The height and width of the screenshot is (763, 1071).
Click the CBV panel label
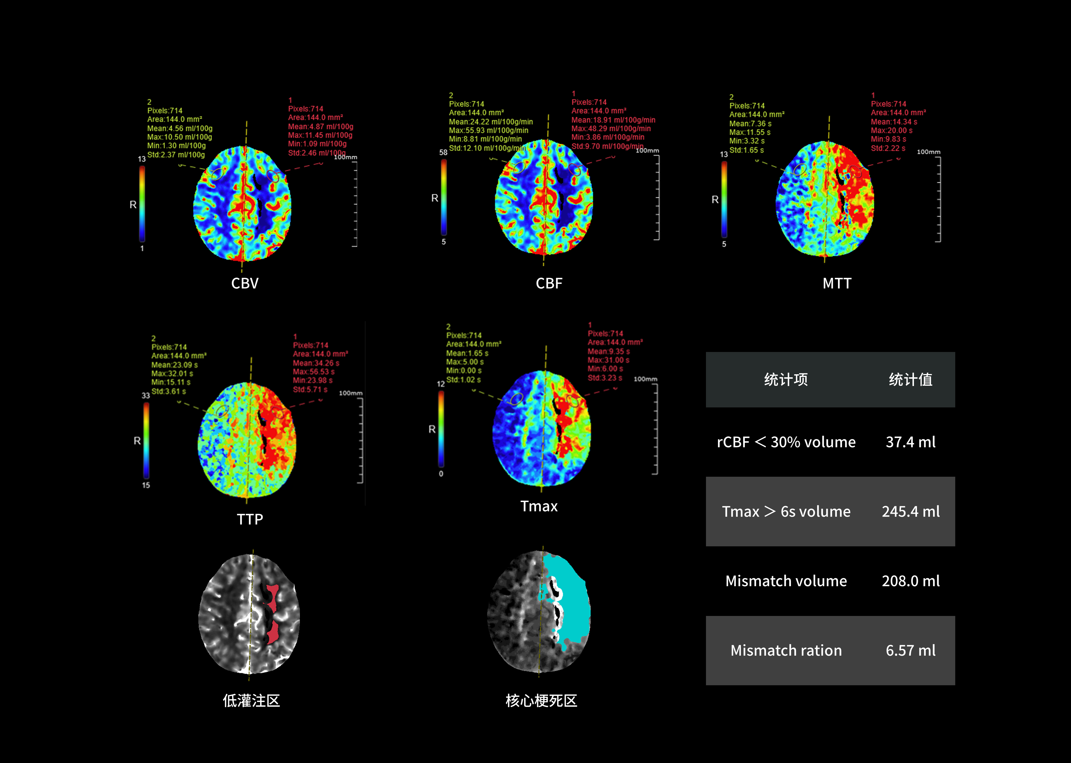coord(245,283)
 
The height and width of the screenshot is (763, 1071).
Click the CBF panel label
coord(549,283)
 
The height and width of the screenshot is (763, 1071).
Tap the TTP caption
coord(250,519)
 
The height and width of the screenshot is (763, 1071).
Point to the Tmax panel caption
coord(539,506)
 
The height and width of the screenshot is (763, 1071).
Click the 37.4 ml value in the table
coord(910,442)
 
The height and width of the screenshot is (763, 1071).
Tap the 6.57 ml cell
coord(910,650)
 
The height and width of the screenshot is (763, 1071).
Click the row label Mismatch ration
coord(786,650)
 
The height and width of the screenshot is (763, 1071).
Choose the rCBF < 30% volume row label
coord(786,442)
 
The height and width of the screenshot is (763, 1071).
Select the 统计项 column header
coord(786,379)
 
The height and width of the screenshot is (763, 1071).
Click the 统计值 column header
coord(910,379)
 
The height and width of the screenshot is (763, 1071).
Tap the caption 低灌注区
coord(251,701)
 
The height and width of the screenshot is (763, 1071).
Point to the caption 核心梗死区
coord(541,701)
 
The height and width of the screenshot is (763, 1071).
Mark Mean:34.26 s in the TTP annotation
coord(316,363)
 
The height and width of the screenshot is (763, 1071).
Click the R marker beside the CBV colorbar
coord(133,205)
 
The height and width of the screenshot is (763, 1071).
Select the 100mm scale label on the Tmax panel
coord(645,379)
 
